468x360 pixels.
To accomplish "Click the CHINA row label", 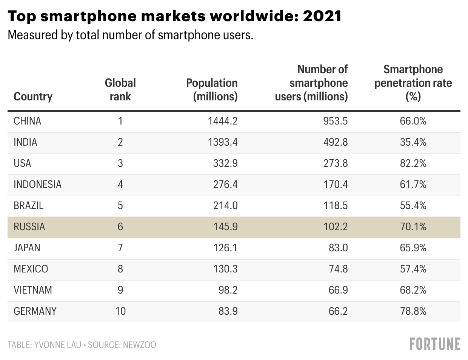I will (27, 121).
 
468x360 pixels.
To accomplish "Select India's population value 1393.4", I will (222, 142).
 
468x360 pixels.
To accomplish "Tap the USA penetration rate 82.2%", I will (413, 163).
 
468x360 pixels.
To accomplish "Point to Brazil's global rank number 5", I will (120, 206).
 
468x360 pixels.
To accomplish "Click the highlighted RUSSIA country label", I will (29, 227).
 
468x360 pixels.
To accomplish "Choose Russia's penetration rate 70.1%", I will (413, 227).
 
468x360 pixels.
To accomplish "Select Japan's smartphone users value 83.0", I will (338, 248).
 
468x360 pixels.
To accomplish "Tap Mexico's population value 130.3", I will (225, 269).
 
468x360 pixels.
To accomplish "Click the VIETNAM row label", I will (33, 290).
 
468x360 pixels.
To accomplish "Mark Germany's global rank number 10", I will (120, 311).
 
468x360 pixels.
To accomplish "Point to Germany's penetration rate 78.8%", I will (413, 311).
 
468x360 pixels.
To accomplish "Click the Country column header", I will (33, 97).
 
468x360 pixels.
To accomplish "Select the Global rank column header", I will (120, 90).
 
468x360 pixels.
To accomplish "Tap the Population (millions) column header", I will (212, 90).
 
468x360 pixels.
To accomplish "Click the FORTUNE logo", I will (435, 344).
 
